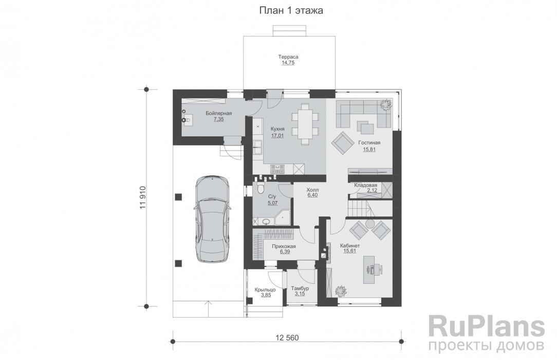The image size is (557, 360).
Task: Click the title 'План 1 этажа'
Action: tap(291, 11)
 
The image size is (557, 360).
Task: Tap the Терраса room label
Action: tap(288, 57)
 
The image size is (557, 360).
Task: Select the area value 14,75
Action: tap(288, 63)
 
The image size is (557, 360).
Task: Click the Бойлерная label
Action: tap(219, 113)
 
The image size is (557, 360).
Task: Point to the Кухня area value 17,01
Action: tap(277, 135)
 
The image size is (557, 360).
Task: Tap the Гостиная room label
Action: tap(369, 142)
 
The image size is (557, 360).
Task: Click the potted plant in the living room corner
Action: tap(386, 104)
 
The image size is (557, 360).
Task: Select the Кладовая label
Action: tap(365, 185)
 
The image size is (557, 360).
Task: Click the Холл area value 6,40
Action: tap(312, 195)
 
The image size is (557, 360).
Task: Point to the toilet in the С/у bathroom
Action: tap(261, 187)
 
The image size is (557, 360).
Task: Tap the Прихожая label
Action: tap(284, 246)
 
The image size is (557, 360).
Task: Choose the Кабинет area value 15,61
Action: tap(350, 251)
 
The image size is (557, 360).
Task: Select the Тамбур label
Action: tap(300, 289)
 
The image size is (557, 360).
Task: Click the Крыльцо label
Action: tap(265, 290)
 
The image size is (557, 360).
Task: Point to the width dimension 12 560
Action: tap(287, 337)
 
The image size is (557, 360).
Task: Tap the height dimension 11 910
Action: tap(143, 197)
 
